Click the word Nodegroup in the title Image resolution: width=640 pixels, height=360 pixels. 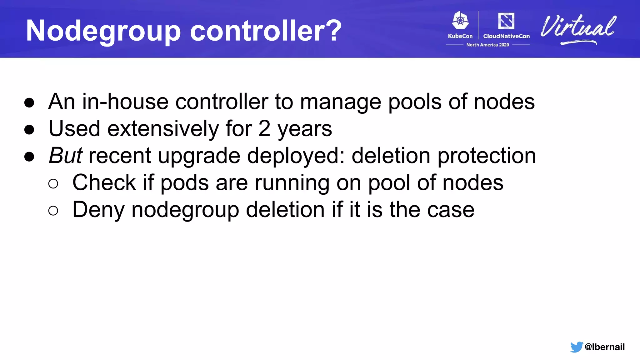(103, 31)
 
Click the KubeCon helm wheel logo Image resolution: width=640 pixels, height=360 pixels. (460, 21)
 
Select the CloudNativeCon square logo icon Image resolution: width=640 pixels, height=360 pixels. (506, 21)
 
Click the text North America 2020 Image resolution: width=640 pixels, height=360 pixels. (487, 45)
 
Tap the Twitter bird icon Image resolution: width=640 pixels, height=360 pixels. (576, 347)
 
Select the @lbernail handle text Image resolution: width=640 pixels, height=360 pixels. (604, 347)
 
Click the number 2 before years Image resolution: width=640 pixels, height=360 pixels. (264, 129)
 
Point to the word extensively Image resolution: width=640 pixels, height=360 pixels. (163, 129)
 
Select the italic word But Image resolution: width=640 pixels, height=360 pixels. (66, 156)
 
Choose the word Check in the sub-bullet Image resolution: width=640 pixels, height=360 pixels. (104, 182)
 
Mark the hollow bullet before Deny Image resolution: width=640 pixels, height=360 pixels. (53, 211)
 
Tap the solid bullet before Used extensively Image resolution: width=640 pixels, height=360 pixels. (29, 130)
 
